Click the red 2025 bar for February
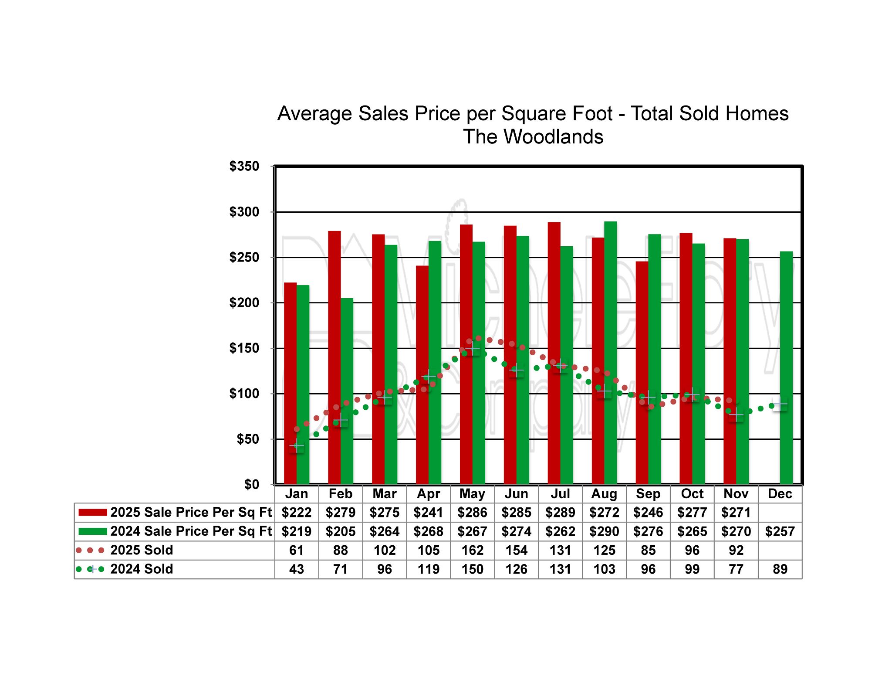coord(334,357)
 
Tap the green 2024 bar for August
coord(611,353)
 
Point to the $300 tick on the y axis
coord(244,212)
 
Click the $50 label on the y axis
coord(247,439)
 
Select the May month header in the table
coord(472,494)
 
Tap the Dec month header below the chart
coord(780,494)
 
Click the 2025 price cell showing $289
coord(560,513)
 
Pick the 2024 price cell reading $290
coord(604,531)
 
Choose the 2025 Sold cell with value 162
coord(472,550)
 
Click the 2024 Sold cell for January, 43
coord(297,569)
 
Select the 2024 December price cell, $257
coord(780,531)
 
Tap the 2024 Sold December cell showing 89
coord(780,569)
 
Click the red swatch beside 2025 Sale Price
coord(92,513)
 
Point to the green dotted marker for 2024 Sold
coord(91,569)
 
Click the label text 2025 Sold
coord(142,550)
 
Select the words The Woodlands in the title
coord(533,137)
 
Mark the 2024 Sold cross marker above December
coord(780,404)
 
